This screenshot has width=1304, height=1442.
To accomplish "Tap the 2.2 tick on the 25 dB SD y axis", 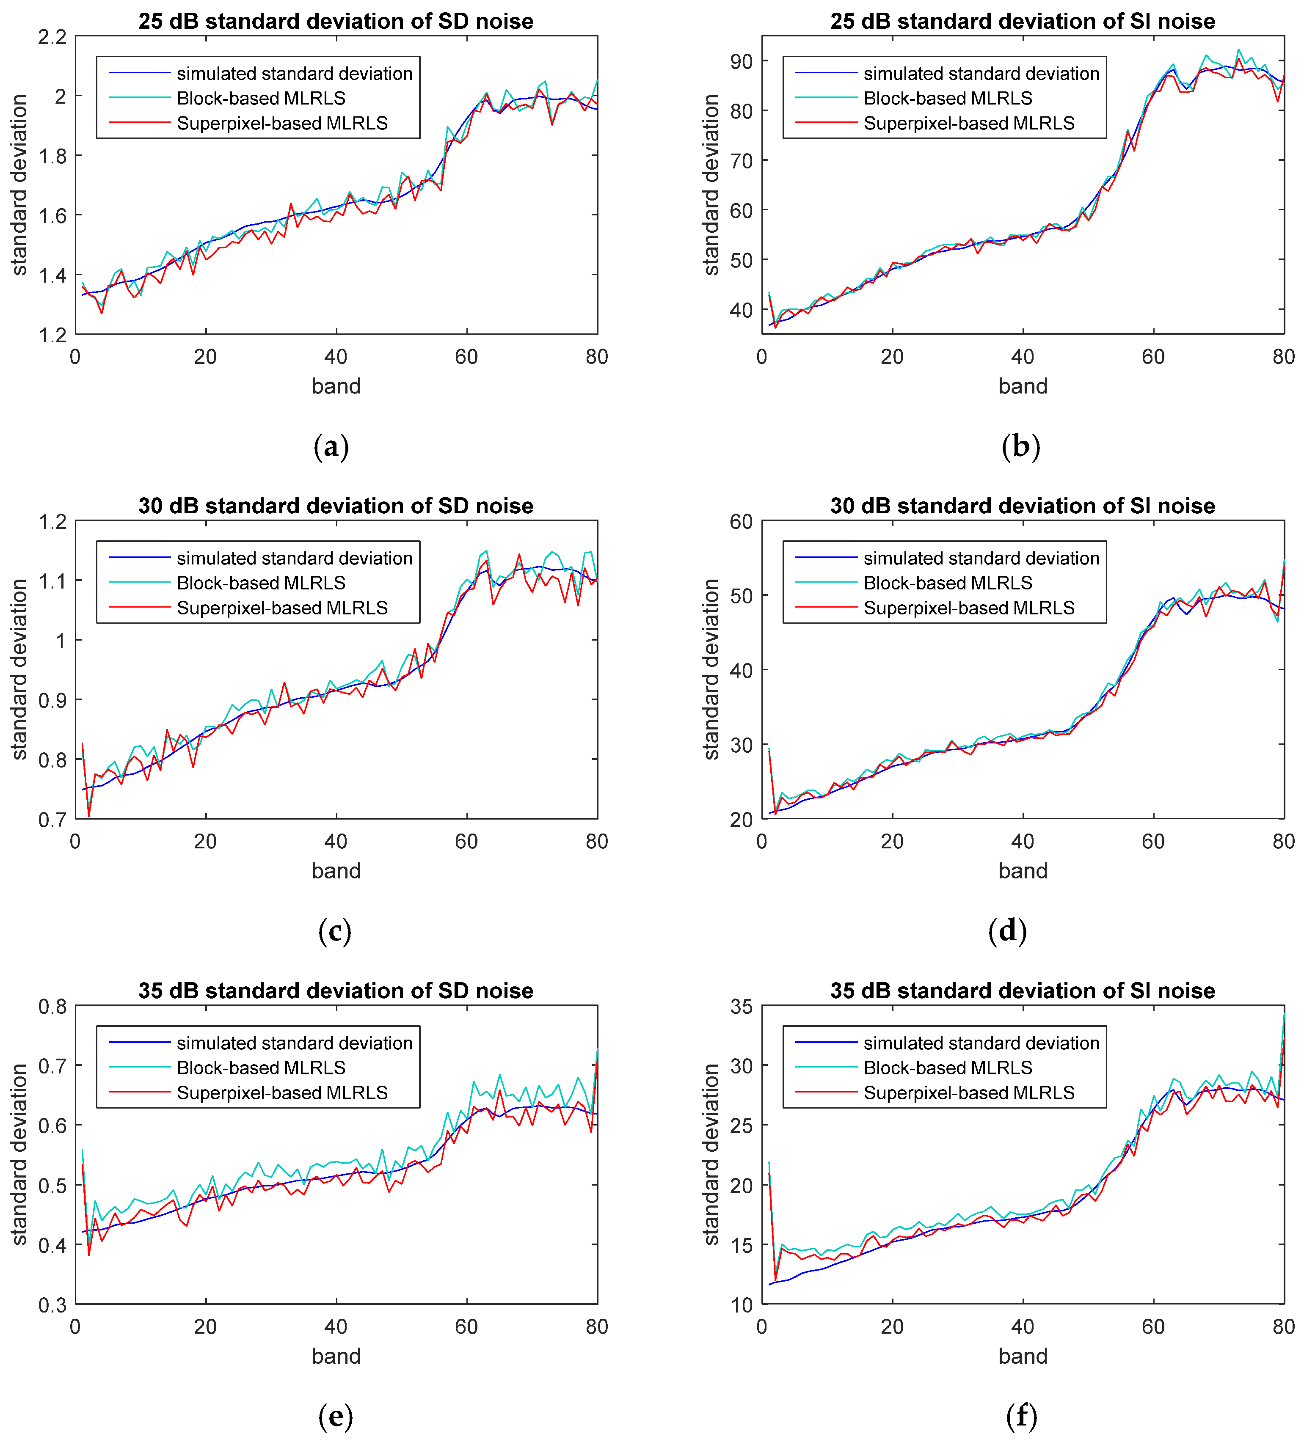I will point(52,36).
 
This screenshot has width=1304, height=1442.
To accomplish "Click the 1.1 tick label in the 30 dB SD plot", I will point(52,581).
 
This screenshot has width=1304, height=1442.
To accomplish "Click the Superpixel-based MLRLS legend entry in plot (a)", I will point(282,123).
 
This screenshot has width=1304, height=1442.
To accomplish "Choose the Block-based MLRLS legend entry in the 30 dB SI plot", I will point(948,583).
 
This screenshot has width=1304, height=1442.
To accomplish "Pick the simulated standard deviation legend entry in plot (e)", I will point(294,1043).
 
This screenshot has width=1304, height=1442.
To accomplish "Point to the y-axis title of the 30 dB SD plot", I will point(19,669).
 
